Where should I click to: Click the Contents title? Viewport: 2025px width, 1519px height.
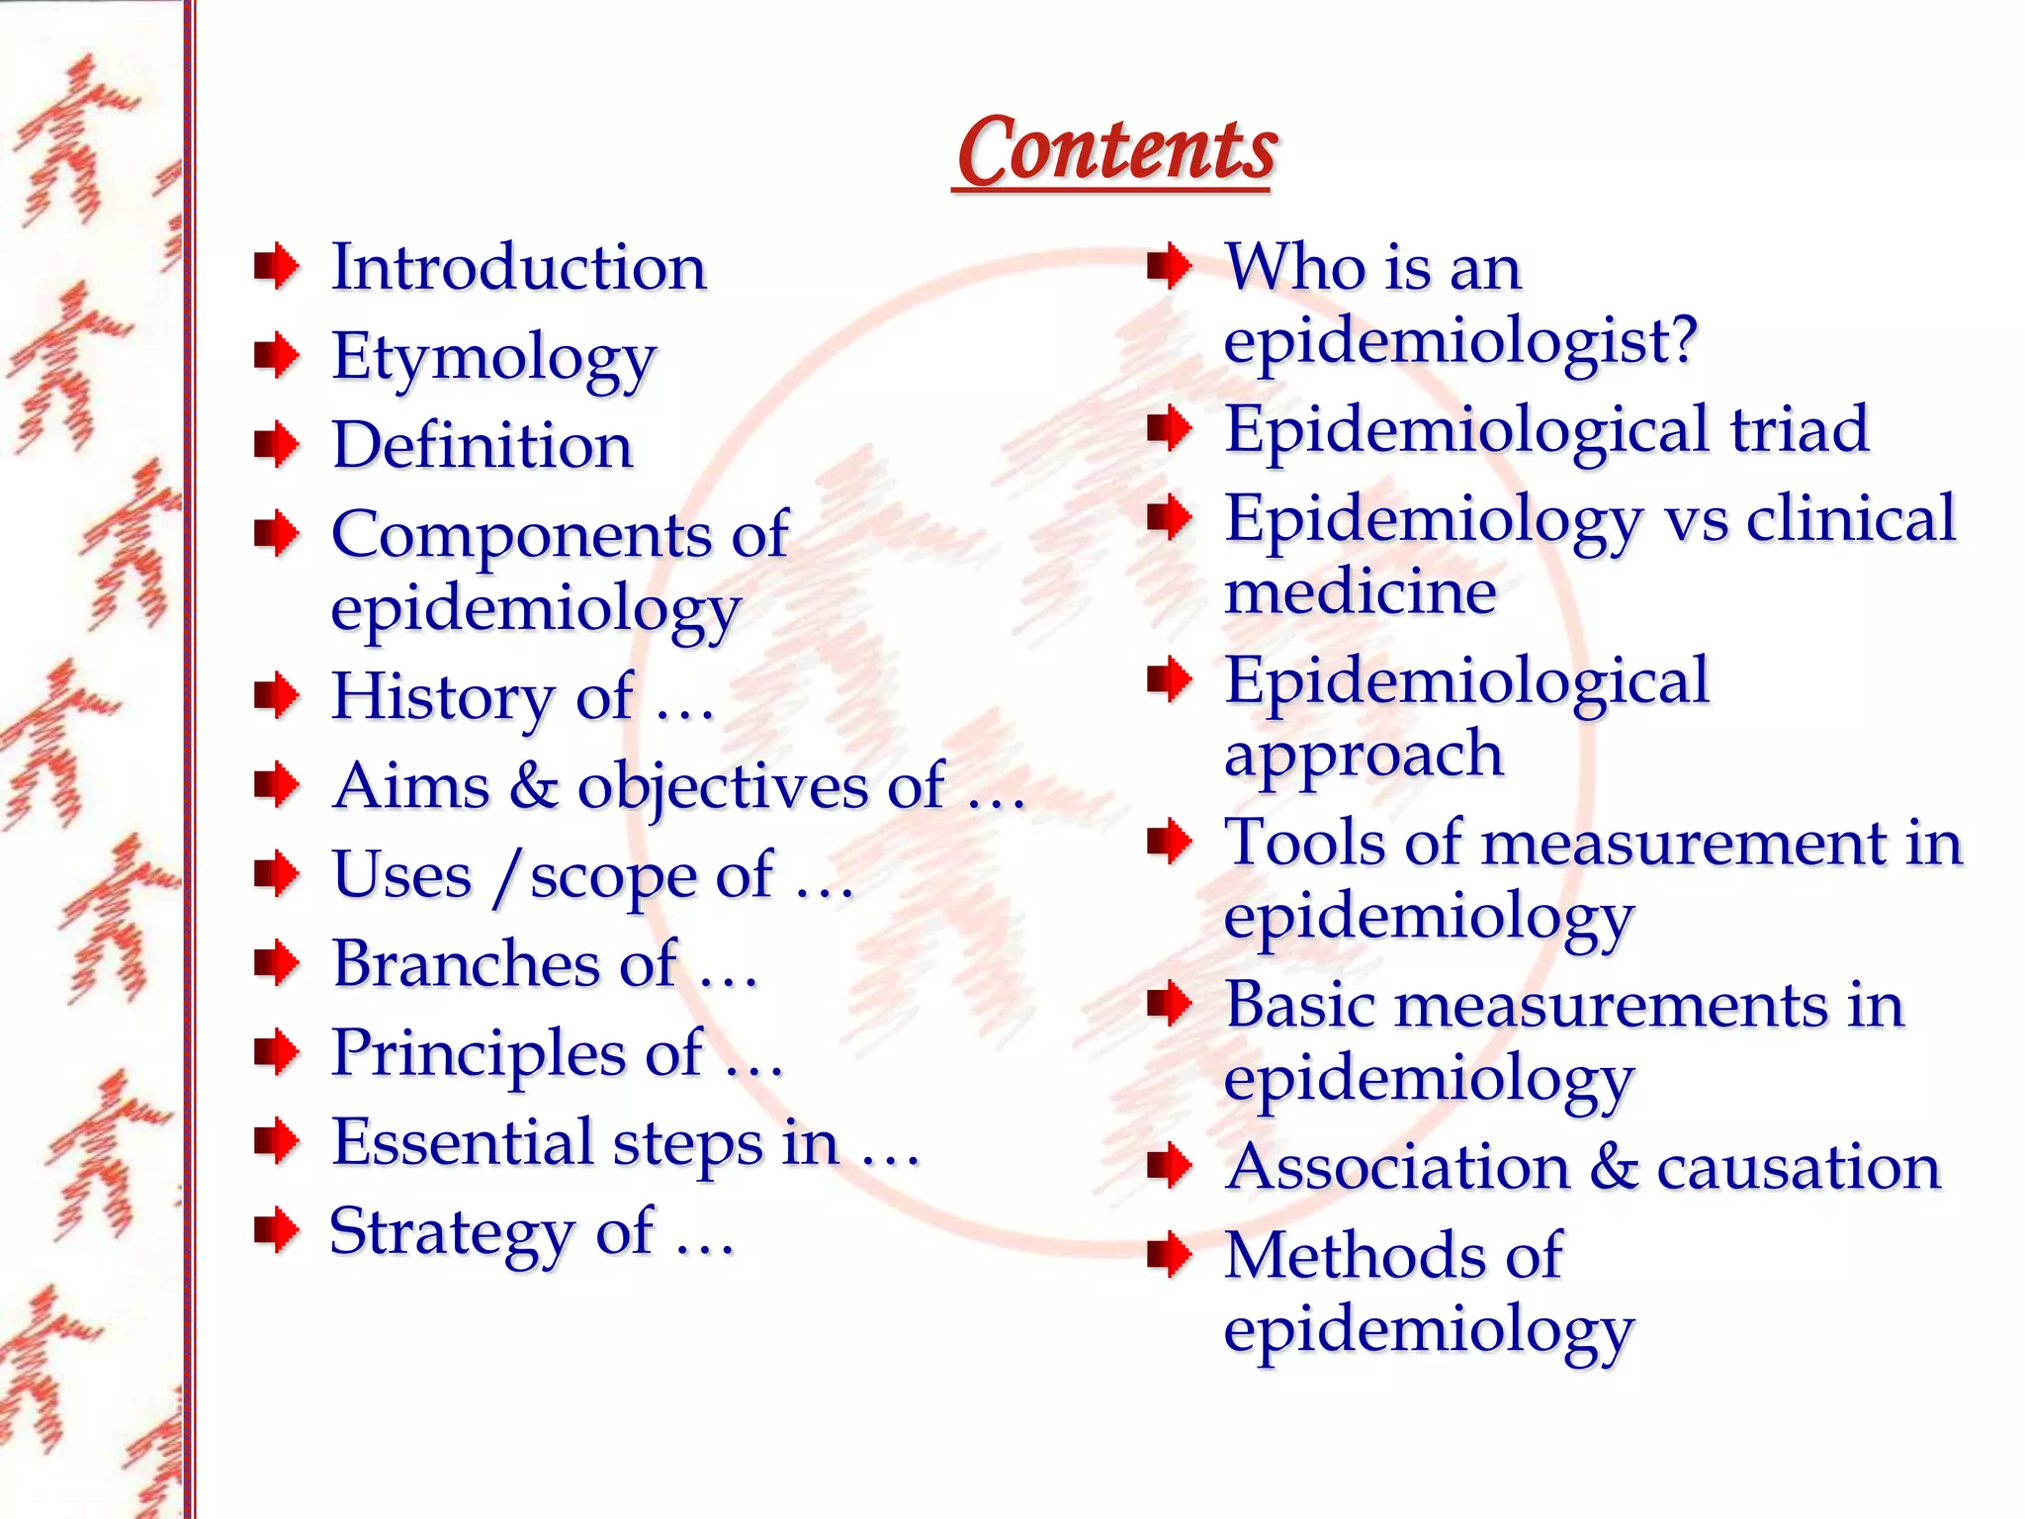pos(1116,150)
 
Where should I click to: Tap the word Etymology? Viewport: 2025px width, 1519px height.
pos(493,358)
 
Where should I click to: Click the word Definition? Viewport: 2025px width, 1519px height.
pos(482,445)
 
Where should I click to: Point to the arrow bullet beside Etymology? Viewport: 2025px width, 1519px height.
pos(277,355)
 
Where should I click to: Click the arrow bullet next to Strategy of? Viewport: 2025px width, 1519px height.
pos(277,1231)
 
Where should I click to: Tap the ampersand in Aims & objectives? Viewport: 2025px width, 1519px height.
pos(534,786)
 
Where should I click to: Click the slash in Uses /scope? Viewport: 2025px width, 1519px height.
pos(507,877)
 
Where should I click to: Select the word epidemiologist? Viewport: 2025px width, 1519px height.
pos(1459,342)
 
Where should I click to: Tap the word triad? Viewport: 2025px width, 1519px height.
pos(1799,429)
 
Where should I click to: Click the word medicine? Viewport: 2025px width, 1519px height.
pos(1360,591)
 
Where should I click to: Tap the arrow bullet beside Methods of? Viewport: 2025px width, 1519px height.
pos(1170,1256)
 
